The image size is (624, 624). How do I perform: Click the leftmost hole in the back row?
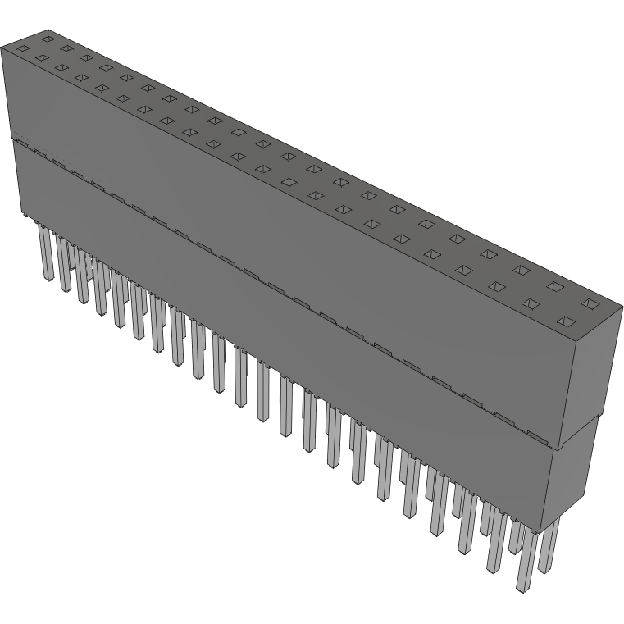click(48, 39)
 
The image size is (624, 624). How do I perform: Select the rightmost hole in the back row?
click(589, 304)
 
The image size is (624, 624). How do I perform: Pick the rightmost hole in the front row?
click(564, 321)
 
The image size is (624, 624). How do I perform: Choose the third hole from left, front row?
click(61, 68)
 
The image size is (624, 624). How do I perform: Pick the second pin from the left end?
click(64, 262)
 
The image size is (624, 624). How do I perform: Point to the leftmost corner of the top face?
click(2, 47)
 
